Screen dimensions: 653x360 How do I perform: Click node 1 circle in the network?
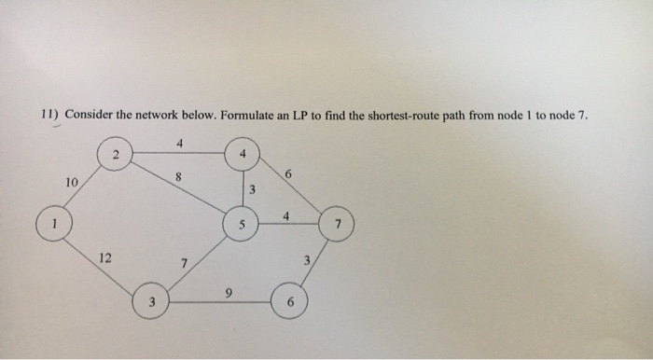(55, 225)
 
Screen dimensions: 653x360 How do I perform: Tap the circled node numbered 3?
(151, 302)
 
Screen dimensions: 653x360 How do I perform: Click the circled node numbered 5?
(240, 225)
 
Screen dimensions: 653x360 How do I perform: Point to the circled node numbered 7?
(339, 226)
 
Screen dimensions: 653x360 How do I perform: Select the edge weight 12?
(105, 256)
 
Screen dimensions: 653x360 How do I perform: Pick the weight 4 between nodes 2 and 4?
(179, 142)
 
